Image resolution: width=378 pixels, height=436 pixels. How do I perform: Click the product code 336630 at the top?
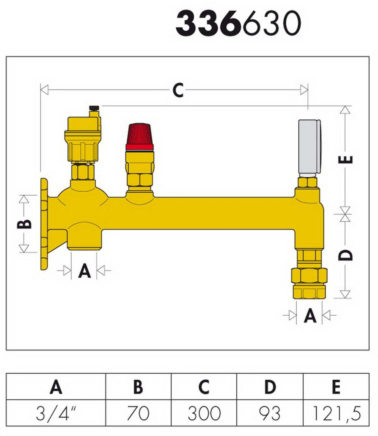pyautogui.click(x=238, y=23)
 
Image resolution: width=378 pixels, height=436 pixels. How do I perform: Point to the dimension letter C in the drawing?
pyautogui.click(x=178, y=90)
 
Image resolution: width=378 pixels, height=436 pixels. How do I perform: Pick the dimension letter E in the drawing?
pyautogui.click(x=345, y=160)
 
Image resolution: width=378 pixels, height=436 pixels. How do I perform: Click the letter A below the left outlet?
pyautogui.click(x=84, y=271)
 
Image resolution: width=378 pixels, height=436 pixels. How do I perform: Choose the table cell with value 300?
pyautogui.click(x=204, y=413)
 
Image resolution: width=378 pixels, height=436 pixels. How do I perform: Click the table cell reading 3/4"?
pyautogui.click(x=56, y=413)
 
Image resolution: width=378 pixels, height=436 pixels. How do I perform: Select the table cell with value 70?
pyautogui.click(x=138, y=413)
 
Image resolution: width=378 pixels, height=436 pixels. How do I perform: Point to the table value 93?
pyautogui.click(x=270, y=413)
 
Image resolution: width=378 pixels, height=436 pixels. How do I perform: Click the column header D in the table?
pyautogui.click(x=270, y=387)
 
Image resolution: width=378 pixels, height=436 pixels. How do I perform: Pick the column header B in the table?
pyautogui.click(x=138, y=387)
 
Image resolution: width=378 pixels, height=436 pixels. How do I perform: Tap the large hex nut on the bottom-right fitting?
pyautogui.click(x=309, y=276)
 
